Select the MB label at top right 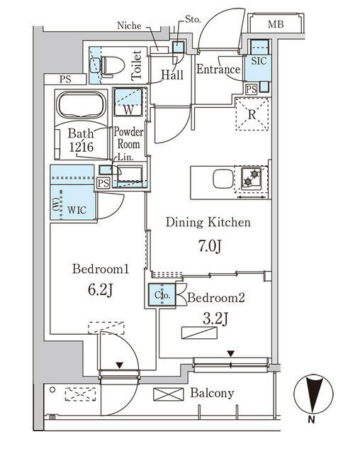[x=276, y=26]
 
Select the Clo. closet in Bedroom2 [x=161, y=295]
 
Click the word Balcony [x=213, y=393]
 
